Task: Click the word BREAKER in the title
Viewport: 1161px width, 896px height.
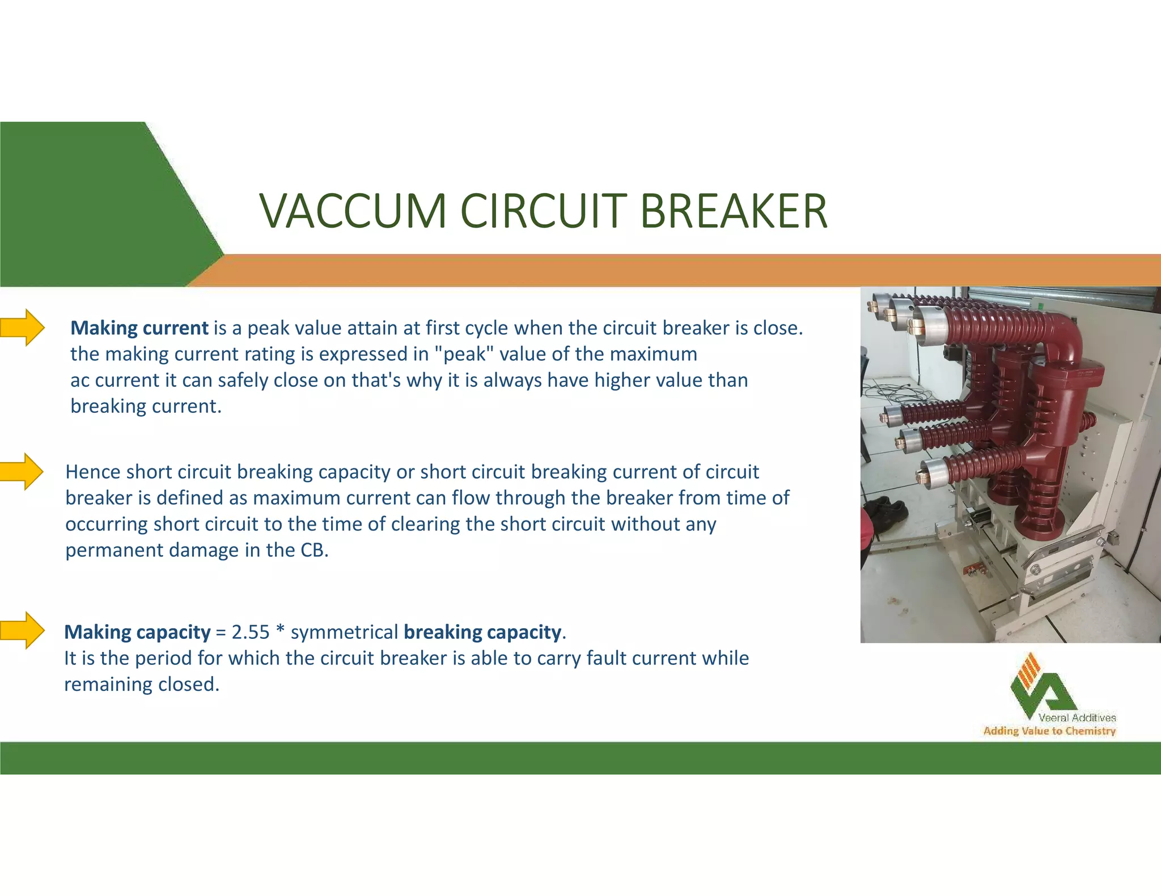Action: (734, 211)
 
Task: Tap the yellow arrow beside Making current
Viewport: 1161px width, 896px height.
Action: (23, 327)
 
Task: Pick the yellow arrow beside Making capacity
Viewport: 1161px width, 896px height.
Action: (23, 630)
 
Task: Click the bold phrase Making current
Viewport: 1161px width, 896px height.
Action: (139, 328)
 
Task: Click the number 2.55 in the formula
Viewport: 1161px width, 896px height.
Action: (250, 632)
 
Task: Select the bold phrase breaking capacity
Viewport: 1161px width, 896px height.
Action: (482, 632)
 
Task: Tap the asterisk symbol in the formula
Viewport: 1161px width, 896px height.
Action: (280, 630)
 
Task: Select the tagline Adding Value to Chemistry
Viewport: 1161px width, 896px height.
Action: (1049, 731)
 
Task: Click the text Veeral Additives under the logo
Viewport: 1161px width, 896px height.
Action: (1077, 718)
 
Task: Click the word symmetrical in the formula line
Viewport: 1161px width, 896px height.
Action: (344, 632)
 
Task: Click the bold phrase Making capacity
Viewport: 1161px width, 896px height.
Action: (137, 632)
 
